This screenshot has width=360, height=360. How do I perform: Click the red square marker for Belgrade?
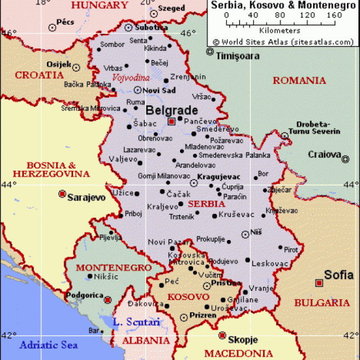point(171,121)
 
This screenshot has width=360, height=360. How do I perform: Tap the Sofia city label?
point(339,275)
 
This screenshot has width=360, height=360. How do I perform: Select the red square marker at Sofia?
point(319,282)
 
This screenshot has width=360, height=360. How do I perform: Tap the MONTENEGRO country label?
point(114,267)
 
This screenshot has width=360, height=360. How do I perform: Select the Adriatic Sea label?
point(49,345)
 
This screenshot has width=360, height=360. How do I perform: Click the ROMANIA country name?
point(299,81)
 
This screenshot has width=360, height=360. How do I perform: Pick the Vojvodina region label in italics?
point(131,77)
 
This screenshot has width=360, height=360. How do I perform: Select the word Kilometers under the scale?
point(279,30)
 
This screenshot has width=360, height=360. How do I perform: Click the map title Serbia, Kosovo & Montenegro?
point(282,5)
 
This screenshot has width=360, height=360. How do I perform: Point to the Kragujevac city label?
point(219,177)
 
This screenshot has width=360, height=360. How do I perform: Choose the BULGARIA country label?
point(322,302)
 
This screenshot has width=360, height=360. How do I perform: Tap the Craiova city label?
point(324,155)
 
